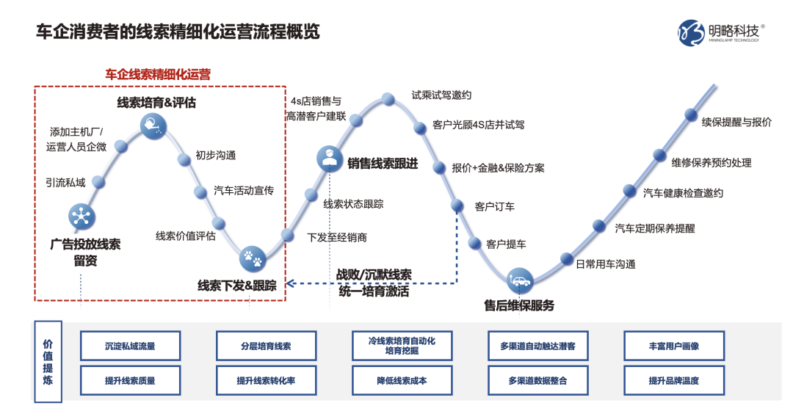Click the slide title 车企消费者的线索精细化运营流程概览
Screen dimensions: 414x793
click(178, 33)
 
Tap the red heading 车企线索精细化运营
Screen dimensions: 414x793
click(158, 74)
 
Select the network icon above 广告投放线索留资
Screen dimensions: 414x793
click(81, 217)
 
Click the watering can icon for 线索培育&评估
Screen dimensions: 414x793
click(154, 124)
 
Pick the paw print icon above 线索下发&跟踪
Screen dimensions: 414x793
click(253, 258)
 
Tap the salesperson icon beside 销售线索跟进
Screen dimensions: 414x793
click(329, 158)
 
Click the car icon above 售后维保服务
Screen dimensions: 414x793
click(521, 280)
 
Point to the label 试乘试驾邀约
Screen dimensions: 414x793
click(441, 95)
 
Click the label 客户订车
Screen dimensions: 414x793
click(495, 206)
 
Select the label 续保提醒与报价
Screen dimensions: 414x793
click(736, 122)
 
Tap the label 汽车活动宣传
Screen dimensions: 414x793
click(244, 191)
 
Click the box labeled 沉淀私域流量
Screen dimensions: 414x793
click(130, 346)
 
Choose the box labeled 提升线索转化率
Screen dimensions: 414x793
click(266, 381)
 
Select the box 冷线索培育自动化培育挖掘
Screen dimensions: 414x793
click(402, 346)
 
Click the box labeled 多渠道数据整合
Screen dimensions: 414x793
click(537, 381)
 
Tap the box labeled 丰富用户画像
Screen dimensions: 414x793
click(673, 346)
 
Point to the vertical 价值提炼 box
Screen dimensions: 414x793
click(48, 362)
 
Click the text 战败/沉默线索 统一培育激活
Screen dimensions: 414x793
click(374, 283)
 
